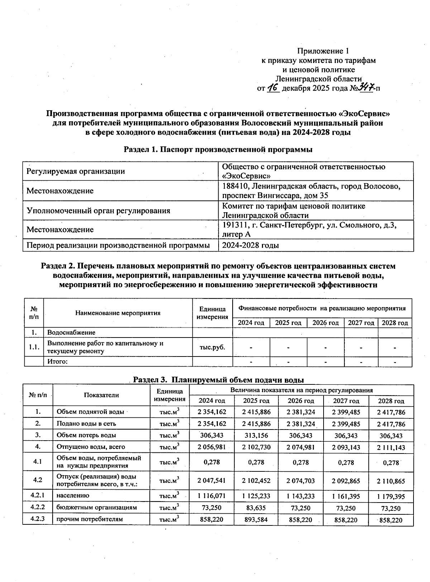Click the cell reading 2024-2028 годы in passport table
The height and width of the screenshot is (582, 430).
pyautogui.click(x=250, y=245)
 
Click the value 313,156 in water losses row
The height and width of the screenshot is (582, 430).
pyautogui.click(x=256, y=436)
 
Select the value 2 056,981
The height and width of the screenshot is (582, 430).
pyautogui.click(x=212, y=447)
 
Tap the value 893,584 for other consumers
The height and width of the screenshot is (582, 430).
pyautogui.click(x=256, y=520)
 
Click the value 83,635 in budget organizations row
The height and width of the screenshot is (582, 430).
pyautogui.click(x=256, y=508)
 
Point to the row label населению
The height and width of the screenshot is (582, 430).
pyautogui.click(x=73, y=496)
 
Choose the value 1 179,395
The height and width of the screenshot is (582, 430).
pyautogui.click(x=391, y=496)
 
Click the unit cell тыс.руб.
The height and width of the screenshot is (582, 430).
pyautogui.click(x=212, y=347)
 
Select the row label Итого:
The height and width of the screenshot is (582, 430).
pyautogui.click(x=58, y=362)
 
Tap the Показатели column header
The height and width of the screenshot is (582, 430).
pyautogui.click(x=101, y=395)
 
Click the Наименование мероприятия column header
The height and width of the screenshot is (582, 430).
pyautogui.click(x=118, y=313)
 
